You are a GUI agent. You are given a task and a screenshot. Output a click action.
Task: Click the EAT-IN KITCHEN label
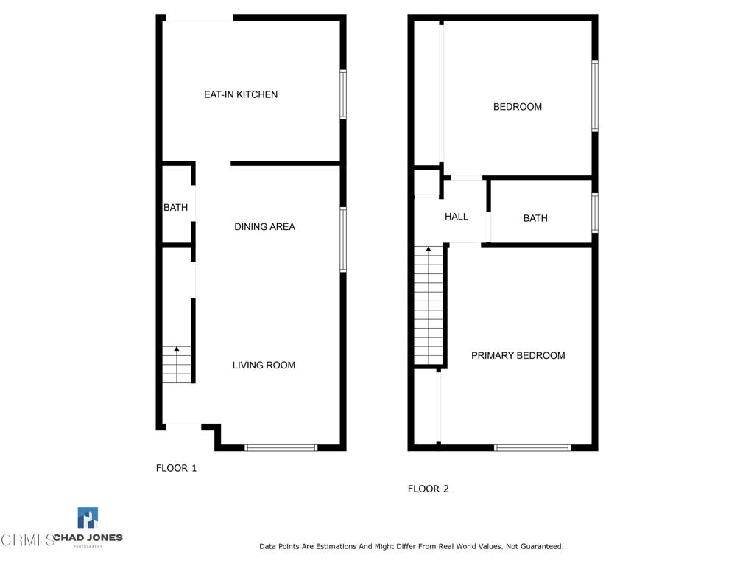(x=241, y=94)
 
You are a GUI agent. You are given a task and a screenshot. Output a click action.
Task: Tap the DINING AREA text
(x=264, y=227)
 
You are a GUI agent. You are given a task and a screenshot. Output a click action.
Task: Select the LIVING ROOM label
(x=264, y=366)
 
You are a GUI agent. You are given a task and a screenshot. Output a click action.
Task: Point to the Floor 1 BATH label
(x=175, y=207)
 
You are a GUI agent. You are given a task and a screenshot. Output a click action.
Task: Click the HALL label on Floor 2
(x=457, y=217)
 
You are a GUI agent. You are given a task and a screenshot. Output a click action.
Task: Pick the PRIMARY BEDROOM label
(x=518, y=356)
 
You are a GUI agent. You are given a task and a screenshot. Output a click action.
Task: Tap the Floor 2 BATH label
(x=535, y=218)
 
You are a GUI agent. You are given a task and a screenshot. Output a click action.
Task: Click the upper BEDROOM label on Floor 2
(x=518, y=107)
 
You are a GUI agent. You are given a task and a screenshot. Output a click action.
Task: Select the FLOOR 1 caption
(x=176, y=468)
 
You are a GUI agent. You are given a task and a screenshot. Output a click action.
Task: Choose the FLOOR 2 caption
(x=428, y=489)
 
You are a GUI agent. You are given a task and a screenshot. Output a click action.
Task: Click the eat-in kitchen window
(x=343, y=94)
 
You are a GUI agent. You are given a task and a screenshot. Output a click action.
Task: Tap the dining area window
(x=343, y=240)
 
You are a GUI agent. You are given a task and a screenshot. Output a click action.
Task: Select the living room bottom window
(x=281, y=448)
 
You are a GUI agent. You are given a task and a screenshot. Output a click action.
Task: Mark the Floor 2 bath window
(x=595, y=213)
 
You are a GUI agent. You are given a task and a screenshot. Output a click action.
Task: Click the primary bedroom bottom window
(x=532, y=448)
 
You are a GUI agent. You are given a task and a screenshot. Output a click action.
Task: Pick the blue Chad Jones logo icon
(x=88, y=518)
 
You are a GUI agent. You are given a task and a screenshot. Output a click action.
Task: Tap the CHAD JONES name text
(x=88, y=537)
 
